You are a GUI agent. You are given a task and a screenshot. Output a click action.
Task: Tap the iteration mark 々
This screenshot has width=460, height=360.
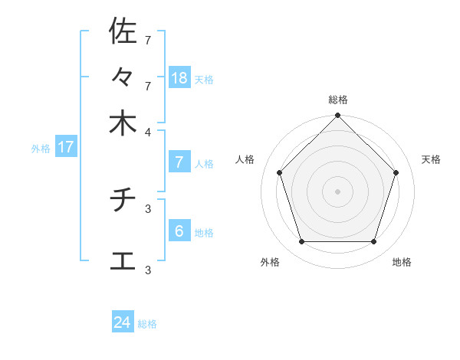(123, 77)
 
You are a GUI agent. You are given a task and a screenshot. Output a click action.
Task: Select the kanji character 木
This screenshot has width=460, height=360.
(123, 123)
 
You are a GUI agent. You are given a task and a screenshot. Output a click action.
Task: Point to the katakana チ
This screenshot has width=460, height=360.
(123, 201)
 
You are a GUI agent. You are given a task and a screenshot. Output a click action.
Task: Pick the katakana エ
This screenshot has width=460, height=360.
(123, 260)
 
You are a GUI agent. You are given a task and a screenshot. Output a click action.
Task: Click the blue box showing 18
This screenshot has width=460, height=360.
(179, 77)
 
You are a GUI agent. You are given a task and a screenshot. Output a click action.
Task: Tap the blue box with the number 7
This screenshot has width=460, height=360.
(179, 162)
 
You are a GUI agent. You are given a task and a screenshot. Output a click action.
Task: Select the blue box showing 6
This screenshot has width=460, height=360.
(179, 231)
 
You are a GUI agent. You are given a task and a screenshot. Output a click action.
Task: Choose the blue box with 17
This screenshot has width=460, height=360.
(66, 147)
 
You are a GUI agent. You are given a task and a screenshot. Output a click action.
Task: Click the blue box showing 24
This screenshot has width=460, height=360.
(123, 322)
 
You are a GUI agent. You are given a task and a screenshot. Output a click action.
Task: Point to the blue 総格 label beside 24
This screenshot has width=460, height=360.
(147, 324)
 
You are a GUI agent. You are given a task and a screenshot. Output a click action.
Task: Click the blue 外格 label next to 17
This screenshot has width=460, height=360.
(41, 149)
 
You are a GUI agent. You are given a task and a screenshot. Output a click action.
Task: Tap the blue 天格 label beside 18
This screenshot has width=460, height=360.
(204, 80)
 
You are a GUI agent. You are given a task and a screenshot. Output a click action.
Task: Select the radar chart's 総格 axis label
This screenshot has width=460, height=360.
(338, 100)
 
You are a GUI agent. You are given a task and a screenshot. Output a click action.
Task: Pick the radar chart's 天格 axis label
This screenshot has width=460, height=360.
(432, 159)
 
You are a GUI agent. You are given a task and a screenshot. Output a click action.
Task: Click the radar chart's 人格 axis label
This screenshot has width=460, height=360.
(245, 159)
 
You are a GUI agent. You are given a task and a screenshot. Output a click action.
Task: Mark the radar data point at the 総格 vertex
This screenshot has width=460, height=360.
(338, 116)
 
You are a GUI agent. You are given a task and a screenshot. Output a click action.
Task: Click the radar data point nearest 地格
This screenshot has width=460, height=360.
(374, 241)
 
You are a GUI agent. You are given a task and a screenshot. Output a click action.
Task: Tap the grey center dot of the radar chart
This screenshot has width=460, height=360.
(338, 191)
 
